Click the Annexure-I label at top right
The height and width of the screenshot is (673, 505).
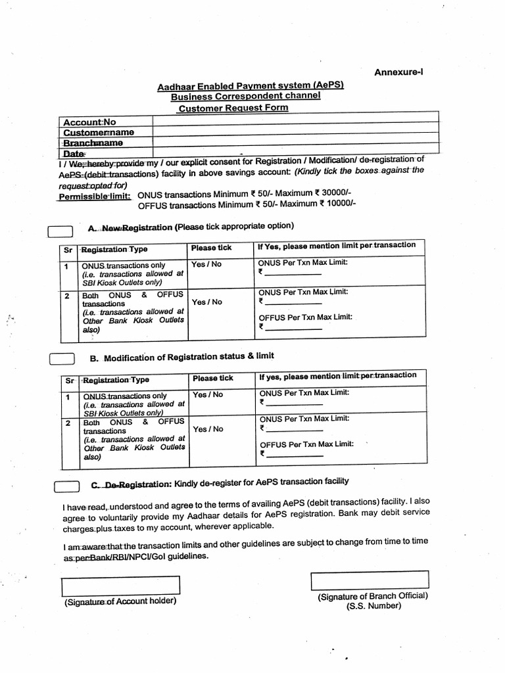point(398,72)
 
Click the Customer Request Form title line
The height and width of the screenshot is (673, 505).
point(233,107)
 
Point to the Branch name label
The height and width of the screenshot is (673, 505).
point(93,142)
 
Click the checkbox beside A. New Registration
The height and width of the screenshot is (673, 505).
point(60,230)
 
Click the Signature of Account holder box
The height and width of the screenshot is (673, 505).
point(120,585)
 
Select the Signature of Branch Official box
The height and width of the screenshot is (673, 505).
point(370,580)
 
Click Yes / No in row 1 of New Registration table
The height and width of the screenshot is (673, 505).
point(206,264)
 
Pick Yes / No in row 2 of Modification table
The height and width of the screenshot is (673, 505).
point(207,429)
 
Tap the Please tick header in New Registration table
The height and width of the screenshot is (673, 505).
point(211,248)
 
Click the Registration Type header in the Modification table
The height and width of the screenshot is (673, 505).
point(116,380)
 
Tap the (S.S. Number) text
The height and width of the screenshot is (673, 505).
point(373,605)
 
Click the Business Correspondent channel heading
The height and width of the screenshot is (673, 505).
point(246,96)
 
